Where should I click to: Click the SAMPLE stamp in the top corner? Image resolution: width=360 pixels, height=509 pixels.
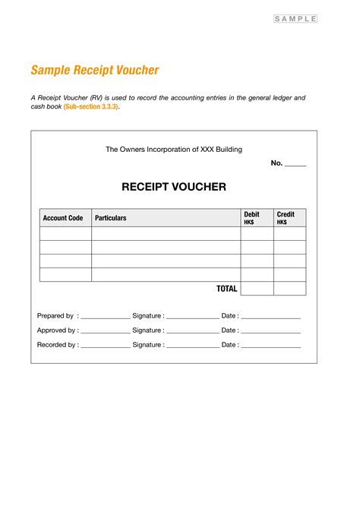coord(295,19)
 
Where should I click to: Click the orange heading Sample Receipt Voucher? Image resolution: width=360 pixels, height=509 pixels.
coord(95,71)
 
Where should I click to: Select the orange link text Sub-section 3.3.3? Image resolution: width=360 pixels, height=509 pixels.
coord(91,107)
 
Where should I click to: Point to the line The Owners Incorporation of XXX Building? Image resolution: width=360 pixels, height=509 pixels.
coord(174,150)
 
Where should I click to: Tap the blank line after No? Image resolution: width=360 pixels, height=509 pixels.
coord(295,164)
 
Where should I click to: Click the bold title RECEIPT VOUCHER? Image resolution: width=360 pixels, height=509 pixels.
coord(174,187)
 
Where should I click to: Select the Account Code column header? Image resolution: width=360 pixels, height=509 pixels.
coord(63,218)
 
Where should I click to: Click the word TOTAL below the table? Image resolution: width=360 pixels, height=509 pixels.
coord(227,289)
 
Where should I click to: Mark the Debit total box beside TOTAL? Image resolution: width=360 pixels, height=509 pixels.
coord(257,289)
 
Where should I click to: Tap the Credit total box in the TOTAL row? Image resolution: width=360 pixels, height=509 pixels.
coord(289,289)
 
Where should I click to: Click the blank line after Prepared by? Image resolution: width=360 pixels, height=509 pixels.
coord(106,317)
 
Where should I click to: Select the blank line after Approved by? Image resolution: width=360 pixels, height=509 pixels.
coord(106,331)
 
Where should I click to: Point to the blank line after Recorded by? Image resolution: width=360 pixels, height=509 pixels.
coord(106,346)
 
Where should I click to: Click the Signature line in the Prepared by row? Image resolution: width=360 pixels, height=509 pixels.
coord(192,317)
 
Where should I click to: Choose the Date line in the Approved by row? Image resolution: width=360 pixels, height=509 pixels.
coord(271,331)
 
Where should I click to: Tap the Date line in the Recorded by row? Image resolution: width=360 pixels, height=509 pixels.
coord(271,346)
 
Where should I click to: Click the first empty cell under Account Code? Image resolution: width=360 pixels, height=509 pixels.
coord(65,234)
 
